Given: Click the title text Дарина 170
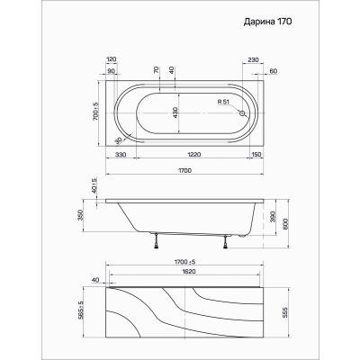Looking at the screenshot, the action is click(x=267, y=22).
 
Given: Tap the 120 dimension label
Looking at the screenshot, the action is click(x=111, y=59).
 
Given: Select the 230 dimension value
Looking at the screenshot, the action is click(x=253, y=59).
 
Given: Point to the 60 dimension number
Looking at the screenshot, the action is click(x=273, y=71).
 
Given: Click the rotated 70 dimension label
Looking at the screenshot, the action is click(x=156, y=70).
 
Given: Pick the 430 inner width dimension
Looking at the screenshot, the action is click(x=175, y=112).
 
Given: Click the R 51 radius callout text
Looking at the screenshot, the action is click(x=223, y=102).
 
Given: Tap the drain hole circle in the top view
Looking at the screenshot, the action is click(x=242, y=113).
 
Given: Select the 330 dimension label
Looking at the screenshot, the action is click(x=121, y=155).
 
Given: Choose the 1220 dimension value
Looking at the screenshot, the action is click(x=193, y=155).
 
